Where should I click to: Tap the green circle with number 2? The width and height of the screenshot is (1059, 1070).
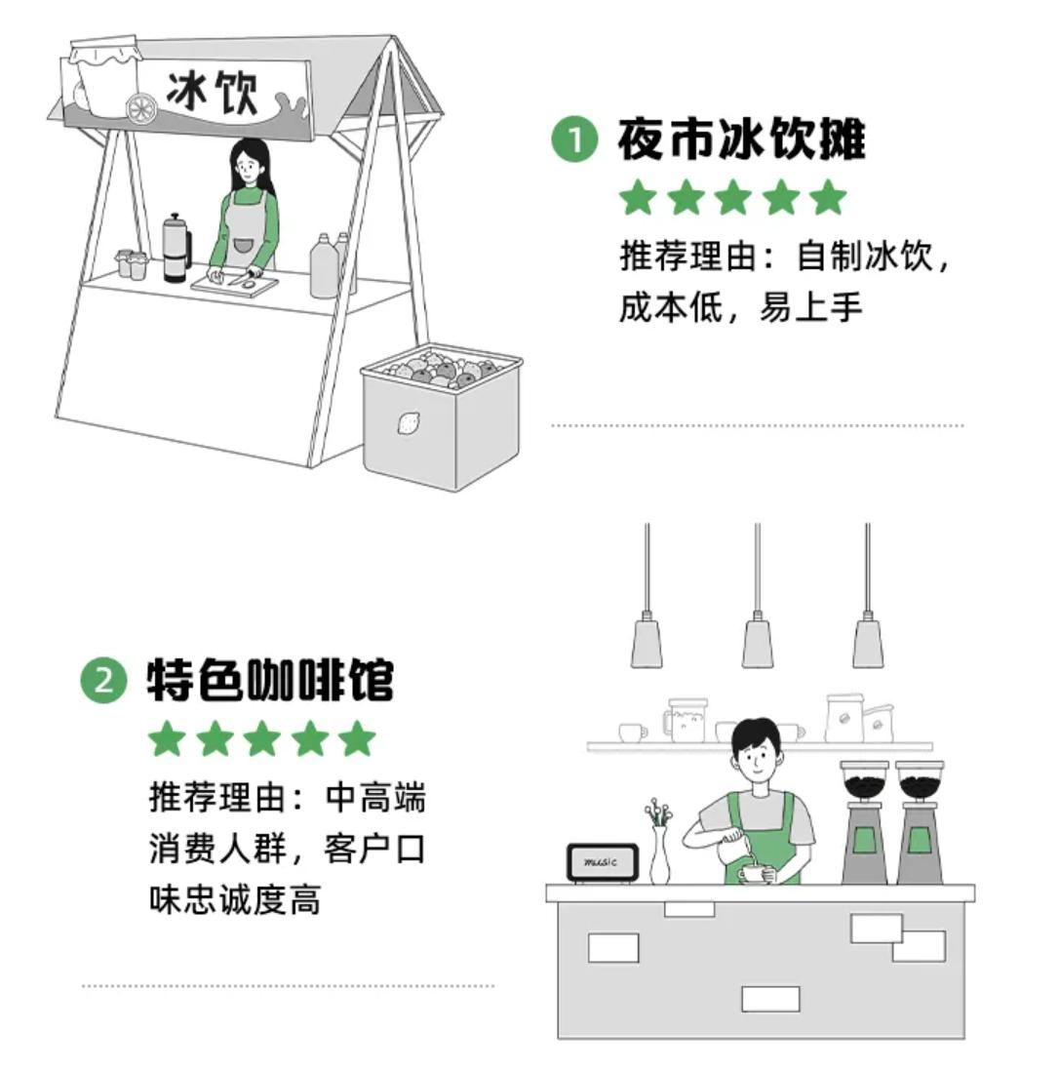(103, 680)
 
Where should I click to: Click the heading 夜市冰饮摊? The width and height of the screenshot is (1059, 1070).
(741, 140)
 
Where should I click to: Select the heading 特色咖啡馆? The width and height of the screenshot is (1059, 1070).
(270, 680)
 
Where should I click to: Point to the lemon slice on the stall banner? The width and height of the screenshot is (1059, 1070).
(140, 108)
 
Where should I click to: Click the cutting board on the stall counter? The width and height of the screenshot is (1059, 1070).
(234, 284)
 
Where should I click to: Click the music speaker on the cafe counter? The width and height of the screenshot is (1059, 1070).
(602, 863)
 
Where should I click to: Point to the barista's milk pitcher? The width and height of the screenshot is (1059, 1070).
(729, 849)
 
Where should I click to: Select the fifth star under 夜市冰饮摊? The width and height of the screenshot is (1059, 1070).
(828, 198)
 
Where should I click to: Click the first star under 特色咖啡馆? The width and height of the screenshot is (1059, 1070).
(167, 739)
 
